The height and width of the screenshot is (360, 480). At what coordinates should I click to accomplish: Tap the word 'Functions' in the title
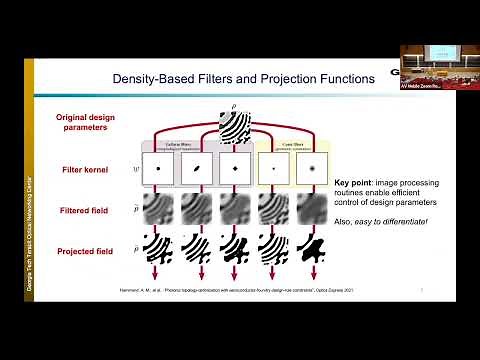click(x=341, y=77)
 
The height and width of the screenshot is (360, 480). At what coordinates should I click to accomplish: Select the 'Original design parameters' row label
click(x=85, y=123)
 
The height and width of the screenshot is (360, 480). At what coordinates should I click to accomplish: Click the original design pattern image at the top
click(x=237, y=126)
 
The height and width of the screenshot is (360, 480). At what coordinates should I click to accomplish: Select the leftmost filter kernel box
click(x=158, y=169)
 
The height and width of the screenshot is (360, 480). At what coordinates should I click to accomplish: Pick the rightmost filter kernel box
click(x=313, y=169)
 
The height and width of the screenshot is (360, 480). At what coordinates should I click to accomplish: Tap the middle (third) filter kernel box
click(x=236, y=169)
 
